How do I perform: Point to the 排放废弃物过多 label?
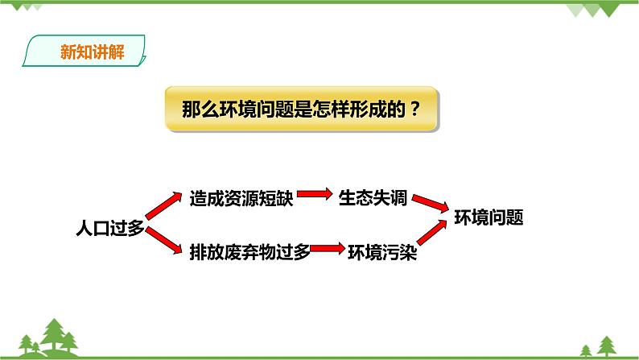click(249, 251)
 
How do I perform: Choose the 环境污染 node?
click(381, 251)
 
